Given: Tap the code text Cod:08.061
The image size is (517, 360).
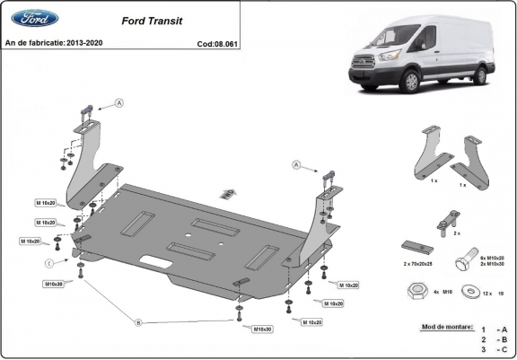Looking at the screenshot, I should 216,42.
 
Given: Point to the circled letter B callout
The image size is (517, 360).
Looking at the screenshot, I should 137,320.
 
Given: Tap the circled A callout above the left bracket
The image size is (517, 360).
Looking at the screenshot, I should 120,104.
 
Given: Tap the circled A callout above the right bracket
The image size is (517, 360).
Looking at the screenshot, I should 295,164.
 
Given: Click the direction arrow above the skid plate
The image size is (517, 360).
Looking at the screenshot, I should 230,190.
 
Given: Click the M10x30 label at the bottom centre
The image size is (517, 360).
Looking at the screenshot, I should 262,329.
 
